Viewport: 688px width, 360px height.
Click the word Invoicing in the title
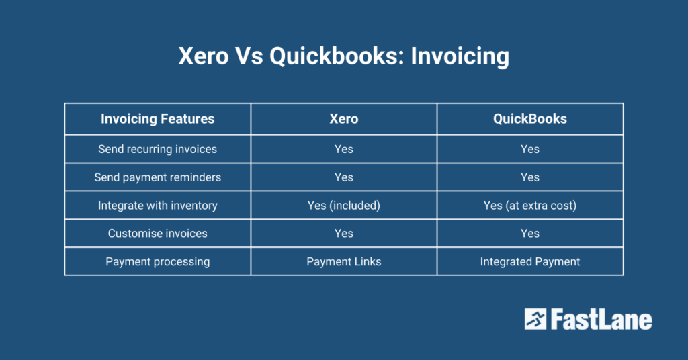(460, 57)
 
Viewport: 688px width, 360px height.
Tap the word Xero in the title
(204, 56)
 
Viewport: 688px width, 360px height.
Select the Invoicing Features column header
(157, 119)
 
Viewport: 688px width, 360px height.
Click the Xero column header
(343, 119)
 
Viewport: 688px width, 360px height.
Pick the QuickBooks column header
(529, 119)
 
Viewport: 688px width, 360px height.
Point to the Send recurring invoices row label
(157, 149)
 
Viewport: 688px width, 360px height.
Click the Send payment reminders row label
(157, 177)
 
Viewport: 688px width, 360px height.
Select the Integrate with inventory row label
(157, 206)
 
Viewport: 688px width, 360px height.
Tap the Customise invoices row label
(157, 233)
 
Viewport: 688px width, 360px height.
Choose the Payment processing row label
(157, 262)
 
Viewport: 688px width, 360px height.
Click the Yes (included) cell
(343, 206)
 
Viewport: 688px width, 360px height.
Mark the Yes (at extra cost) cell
(529, 206)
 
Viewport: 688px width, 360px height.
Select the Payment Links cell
(343, 262)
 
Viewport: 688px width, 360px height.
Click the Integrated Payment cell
(529, 262)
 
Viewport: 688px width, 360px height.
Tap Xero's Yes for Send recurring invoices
(343, 149)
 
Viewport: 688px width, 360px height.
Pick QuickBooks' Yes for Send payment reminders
(529, 177)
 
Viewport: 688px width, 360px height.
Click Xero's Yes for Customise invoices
(343, 233)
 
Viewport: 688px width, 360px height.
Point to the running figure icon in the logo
(535, 319)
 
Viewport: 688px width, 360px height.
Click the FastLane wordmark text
(601, 319)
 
